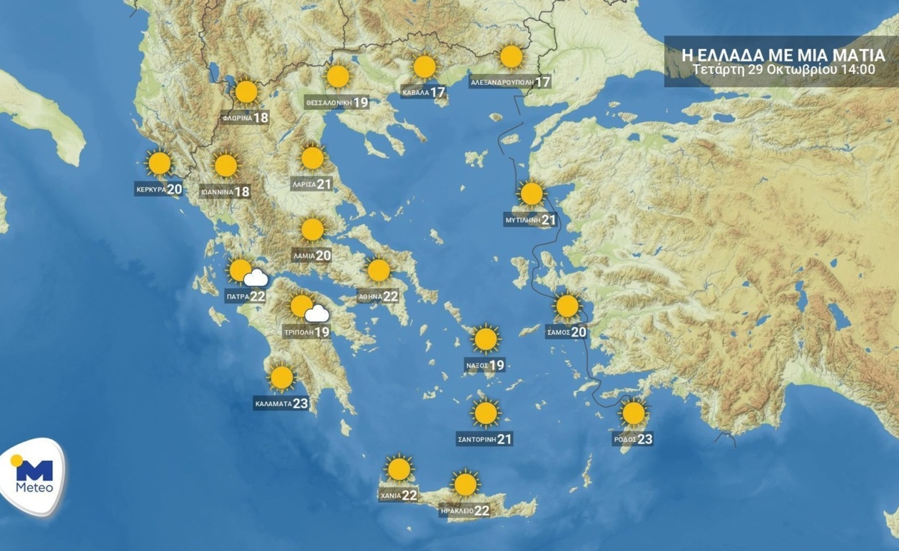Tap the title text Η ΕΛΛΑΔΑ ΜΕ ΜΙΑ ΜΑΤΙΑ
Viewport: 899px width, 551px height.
pyautogui.click(x=783, y=54)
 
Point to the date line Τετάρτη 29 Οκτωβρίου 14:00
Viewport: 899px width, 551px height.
pyautogui.click(x=783, y=69)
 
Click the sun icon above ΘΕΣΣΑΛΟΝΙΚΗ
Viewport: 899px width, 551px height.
pyautogui.click(x=337, y=76)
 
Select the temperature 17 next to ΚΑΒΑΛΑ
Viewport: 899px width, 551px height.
pyautogui.click(x=437, y=92)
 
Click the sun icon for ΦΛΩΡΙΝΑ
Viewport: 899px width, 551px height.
pyautogui.click(x=246, y=91)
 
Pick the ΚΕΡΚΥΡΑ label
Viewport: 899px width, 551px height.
pyautogui.click(x=151, y=190)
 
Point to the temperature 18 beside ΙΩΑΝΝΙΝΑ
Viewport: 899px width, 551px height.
pyautogui.click(x=242, y=191)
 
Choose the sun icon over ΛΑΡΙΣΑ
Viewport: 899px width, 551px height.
pyautogui.click(x=313, y=158)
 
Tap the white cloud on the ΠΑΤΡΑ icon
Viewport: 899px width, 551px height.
pyautogui.click(x=255, y=278)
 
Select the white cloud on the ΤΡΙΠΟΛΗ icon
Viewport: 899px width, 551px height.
pyautogui.click(x=317, y=314)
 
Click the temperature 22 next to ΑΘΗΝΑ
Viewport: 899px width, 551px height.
pyautogui.click(x=390, y=296)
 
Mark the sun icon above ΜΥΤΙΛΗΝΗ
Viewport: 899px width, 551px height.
pyautogui.click(x=532, y=193)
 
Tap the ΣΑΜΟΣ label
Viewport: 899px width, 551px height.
pyautogui.click(x=557, y=332)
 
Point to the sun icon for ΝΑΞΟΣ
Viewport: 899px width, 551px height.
pyautogui.click(x=486, y=339)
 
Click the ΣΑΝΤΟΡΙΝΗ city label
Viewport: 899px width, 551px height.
pyautogui.click(x=476, y=440)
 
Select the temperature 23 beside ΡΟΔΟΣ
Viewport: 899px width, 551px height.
pyautogui.click(x=644, y=439)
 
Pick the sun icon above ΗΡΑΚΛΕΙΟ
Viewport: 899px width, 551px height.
pyautogui.click(x=465, y=485)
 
